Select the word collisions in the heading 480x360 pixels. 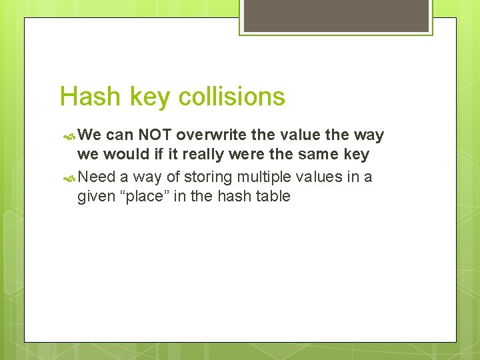(234, 97)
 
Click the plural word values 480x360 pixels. (319, 176)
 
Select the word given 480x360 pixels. (97, 197)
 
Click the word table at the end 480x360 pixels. (270, 196)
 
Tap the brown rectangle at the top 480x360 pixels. (336, 15)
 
